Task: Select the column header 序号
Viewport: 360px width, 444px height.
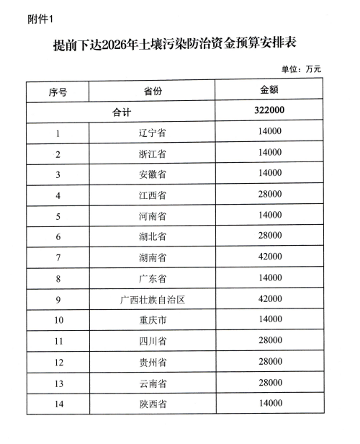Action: coord(58,92)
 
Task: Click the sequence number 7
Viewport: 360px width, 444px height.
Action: coord(58,257)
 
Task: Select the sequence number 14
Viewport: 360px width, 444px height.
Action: coord(58,404)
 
